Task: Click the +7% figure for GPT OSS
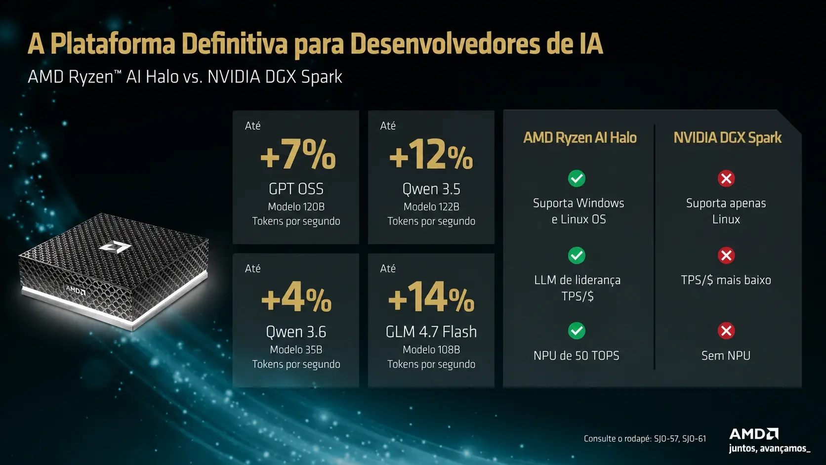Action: click(x=298, y=155)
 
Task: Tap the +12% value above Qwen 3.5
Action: click(x=431, y=155)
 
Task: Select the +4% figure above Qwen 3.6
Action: click(x=296, y=297)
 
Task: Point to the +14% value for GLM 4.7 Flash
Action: click(x=431, y=297)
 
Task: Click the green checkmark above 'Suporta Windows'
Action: click(x=577, y=178)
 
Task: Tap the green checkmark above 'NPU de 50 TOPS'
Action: click(x=577, y=331)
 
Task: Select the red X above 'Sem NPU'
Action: click(x=726, y=331)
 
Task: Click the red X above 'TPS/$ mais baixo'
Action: click(x=726, y=255)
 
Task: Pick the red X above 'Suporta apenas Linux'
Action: click(x=726, y=178)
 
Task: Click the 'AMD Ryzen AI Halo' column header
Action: click(x=579, y=137)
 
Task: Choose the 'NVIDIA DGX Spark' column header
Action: click(x=727, y=137)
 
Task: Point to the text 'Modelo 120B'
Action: click(x=296, y=207)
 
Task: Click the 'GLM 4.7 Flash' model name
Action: click(x=431, y=332)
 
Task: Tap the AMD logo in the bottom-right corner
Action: click(x=754, y=434)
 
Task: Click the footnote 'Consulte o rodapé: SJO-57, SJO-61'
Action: click(x=645, y=438)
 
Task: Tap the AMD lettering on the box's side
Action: click(x=76, y=290)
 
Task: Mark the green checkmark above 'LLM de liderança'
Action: click(x=577, y=255)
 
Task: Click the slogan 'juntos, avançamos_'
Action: click(x=770, y=448)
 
